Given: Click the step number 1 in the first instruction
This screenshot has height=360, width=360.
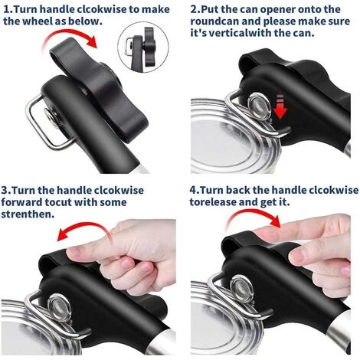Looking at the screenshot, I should point(6,9).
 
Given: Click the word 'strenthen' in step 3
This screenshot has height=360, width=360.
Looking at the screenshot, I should point(28,215).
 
